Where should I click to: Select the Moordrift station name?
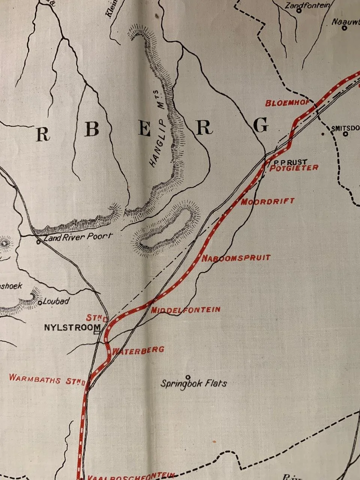[267, 202]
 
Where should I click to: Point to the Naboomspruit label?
[236, 258]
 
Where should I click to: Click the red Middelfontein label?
[185, 310]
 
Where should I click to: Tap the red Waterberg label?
[138, 350]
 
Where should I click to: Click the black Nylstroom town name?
[70, 327]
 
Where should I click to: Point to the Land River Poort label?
[78, 237]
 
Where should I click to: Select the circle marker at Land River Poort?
[39, 242]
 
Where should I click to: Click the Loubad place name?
[56, 301]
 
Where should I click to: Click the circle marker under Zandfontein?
[299, 11]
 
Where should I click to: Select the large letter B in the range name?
[91, 129]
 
